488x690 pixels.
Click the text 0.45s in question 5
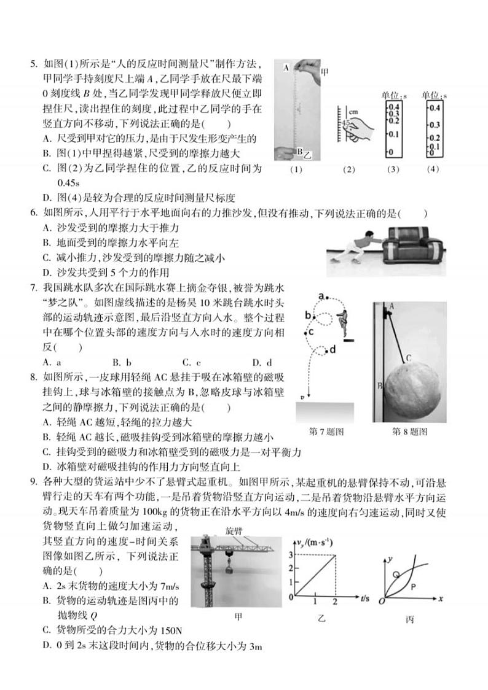(x=69, y=183)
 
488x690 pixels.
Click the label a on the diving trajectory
(x=321, y=296)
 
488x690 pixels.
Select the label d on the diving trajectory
(x=332, y=350)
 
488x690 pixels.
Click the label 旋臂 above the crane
(x=234, y=529)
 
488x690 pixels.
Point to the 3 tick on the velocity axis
(x=292, y=555)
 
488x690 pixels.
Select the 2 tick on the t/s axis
(x=336, y=602)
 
